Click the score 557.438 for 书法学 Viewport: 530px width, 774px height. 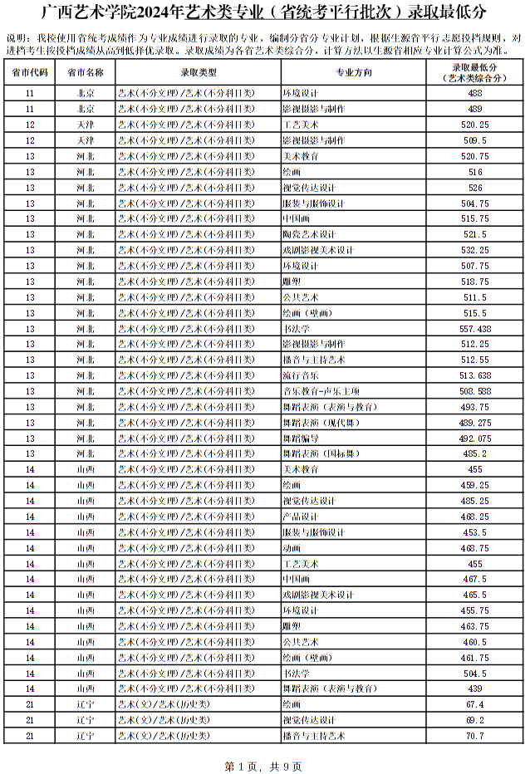pyautogui.click(x=475, y=328)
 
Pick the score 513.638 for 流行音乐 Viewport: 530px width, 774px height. pyautogui.click(x=475, y=375)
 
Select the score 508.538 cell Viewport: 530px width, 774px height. pyautogui.click(x=475, y=391)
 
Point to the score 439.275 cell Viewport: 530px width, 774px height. pyautogui.click(x=475, y=423)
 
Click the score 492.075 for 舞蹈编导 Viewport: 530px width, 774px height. pyautogui.click(x=475, y=438)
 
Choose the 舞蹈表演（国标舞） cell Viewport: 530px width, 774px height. pyautogui.click(x=321, y=453)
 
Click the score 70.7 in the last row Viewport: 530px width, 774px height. pyautogui.click(x=475, y=736)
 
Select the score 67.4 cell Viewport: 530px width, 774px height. pyautogui.click(x=475, y=704)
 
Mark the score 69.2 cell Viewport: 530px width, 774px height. pyautogui.click(x=475, y=720)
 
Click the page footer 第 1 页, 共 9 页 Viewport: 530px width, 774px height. pyautogui.click(x=263, y=765)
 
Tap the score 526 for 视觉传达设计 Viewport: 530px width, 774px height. pyautogui.click(x=475, y=187)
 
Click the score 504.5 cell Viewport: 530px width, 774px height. pyautogui.click(x=475, y=673)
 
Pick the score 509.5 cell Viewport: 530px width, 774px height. pyautogui.click(x=475, y=140)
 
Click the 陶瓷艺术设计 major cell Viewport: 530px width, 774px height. pyautogui.click(x=308, y=234)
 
